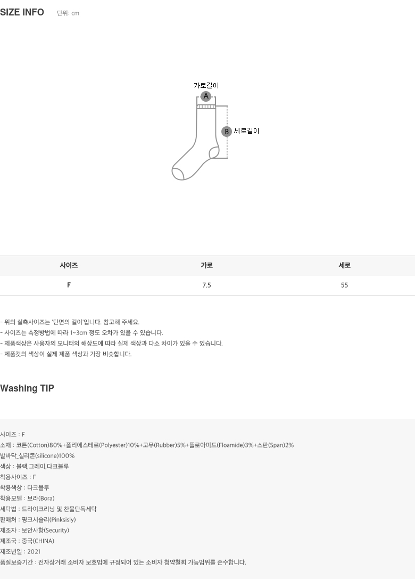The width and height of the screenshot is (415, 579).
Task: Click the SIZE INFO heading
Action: [x=22, y=12]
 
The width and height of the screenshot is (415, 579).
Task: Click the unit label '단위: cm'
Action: [x=68, y=13]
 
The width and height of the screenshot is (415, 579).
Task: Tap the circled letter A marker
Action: [x=206, y=96]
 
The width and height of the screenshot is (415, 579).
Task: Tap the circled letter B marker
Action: [x=227, y=132]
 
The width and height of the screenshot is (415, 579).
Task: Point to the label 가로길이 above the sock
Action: [x=206, y=85]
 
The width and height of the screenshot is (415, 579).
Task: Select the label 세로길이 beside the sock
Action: [x=247, y=131]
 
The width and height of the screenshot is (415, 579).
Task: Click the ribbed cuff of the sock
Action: [x=206, y=107]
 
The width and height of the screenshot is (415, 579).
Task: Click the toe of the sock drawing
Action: [x=177, y=173]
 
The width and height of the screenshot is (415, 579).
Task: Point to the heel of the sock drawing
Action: [x=214, y=153]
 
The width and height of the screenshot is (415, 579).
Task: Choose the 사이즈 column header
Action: [x=69, y=265]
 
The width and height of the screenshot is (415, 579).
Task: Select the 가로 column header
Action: [x=206, y=265]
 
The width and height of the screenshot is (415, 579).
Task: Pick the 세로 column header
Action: [x=344, y=265]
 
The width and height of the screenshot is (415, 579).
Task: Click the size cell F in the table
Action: [x=69, y=285]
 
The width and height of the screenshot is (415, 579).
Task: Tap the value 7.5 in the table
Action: [x=206, y=285]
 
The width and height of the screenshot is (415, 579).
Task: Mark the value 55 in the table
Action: [x=344, y=285]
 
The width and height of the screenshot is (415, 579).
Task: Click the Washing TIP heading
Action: [x=27, y=388]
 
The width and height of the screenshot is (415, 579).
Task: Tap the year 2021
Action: [x=34, y=552]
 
